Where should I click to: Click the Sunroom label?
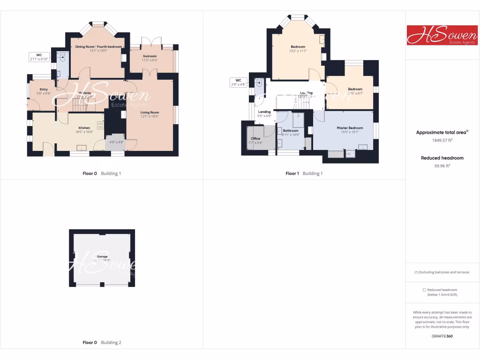(150, 56)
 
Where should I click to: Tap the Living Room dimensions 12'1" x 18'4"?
(150, 116)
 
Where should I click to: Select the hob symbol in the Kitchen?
(100, 125)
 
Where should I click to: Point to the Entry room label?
(44, 89)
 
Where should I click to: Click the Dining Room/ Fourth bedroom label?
(98, 46)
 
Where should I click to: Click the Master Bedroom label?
(350, 127)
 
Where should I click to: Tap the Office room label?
(255, 138)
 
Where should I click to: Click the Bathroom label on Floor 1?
(291, 130)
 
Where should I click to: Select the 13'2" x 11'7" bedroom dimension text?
(298, 51)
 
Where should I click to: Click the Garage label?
(102, 256)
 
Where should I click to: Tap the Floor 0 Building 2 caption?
(102, 342)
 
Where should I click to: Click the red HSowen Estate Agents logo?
(442, 35)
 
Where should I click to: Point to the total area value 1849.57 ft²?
(442, 140)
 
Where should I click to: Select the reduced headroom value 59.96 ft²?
(442, 165)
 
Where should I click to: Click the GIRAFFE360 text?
(442, 336)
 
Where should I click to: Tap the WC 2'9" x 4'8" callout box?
(238, 82)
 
